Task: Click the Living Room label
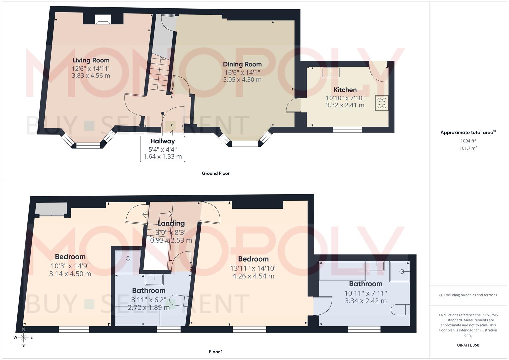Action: [91, 60]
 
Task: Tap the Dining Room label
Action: [242, 64]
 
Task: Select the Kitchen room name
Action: [345, 90]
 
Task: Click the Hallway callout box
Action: [163, 149]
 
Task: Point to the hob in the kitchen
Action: [382, 103]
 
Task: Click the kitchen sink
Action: [331, 72]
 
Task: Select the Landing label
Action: [171, 223]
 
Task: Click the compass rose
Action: [23, 337]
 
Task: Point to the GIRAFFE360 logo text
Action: [468, 345]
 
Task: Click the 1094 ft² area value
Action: [468, 141]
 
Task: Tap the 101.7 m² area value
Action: [468, 148]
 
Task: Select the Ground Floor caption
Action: [216, 173]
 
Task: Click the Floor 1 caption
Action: [216, 352]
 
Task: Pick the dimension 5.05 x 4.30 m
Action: [242, 80]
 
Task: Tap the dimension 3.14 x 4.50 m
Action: [70, 274]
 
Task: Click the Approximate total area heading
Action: [468, 133]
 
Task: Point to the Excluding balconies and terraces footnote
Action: [468, 295]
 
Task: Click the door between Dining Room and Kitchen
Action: [293, 106]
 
